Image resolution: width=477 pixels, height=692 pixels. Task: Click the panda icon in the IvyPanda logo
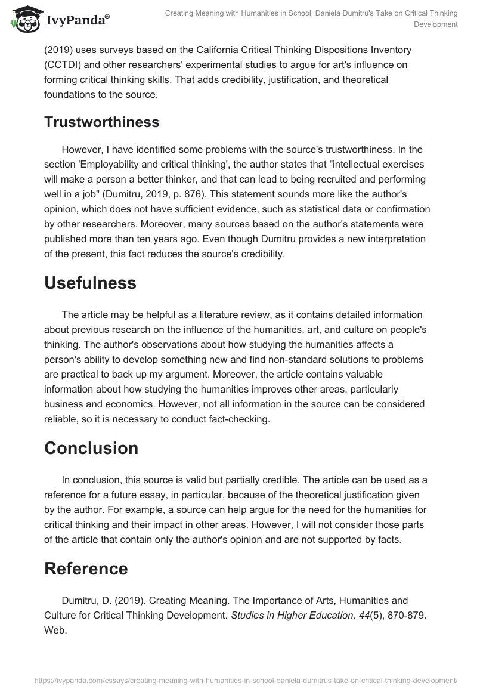(x=22, y=20)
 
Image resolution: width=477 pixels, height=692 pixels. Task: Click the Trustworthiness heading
(x=101, y=122)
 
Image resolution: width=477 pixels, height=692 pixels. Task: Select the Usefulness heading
(x=90, y=283)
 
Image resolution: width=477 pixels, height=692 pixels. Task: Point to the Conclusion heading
(x=91, y=448)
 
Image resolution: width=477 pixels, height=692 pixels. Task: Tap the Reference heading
(x=86, y=569)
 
